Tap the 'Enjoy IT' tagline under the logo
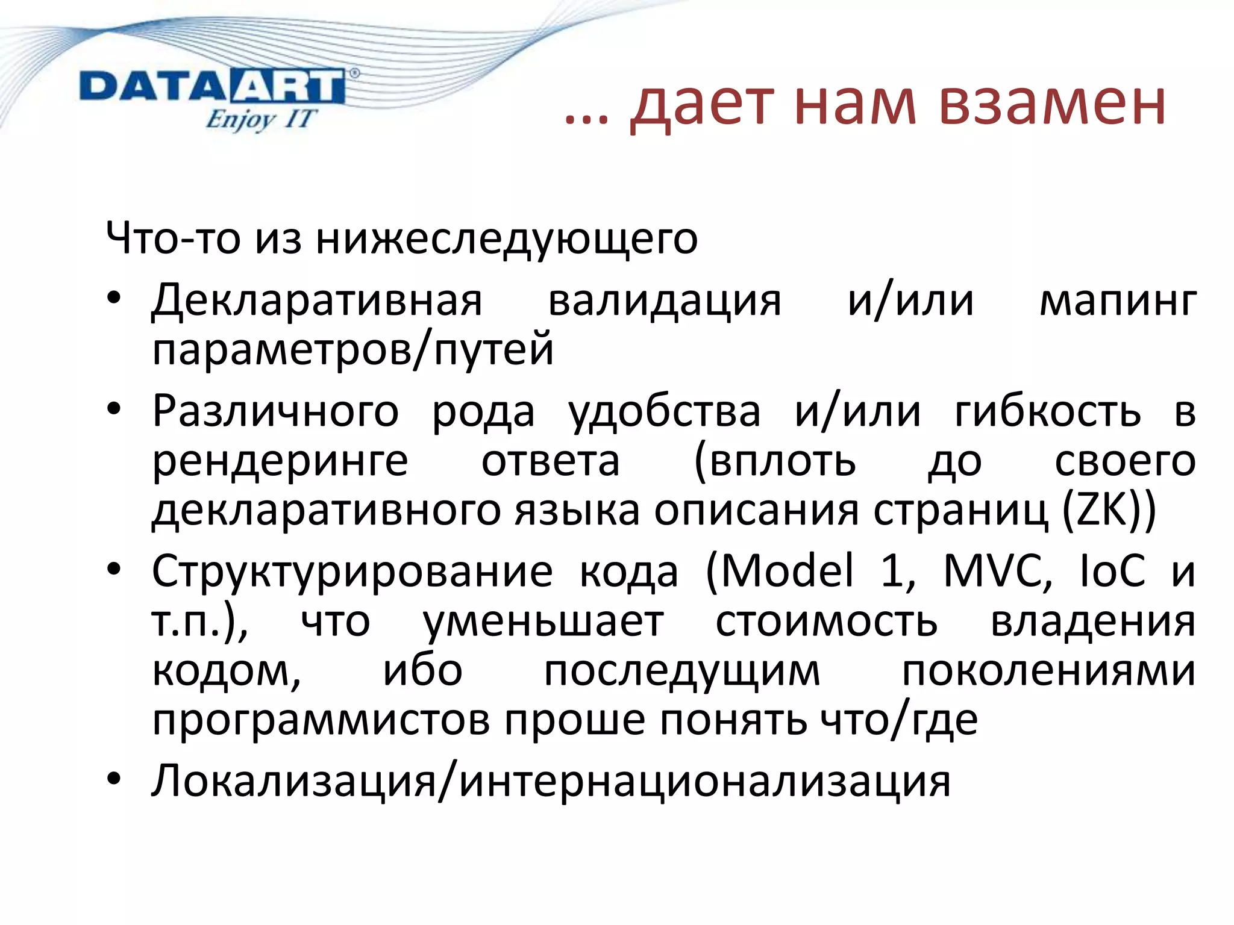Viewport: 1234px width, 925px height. (x=260, y=119)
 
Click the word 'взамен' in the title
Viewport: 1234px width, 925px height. (x=1051, y=104)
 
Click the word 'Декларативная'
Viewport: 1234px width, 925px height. (x=317, y=301)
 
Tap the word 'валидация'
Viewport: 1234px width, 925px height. (x=664, y=301)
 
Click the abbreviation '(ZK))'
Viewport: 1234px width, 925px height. (x=1108, y=511)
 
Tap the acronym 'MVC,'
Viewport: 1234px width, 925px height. (x=998, y=570)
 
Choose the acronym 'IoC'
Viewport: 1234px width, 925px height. (x=1112, y=570)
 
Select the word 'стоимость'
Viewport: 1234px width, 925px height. (x=826, y=622)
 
